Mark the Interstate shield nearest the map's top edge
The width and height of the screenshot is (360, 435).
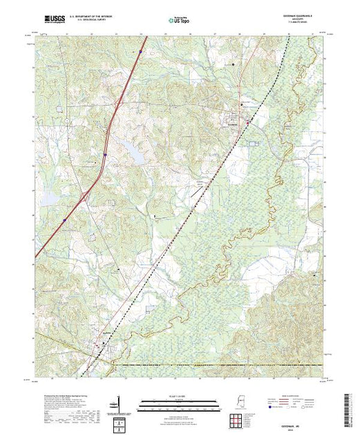coord(140,52)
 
